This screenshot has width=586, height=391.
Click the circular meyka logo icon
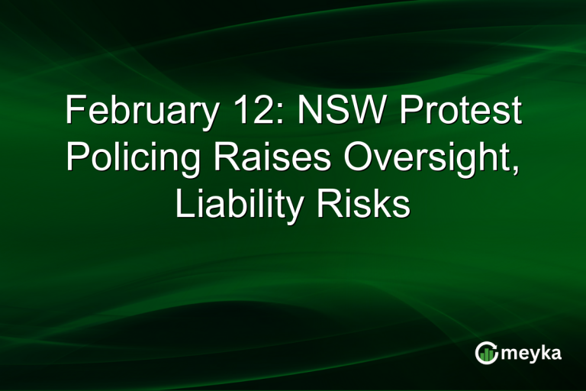[x=486, y=353]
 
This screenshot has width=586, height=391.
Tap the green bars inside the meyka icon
[x=486, y=354]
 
